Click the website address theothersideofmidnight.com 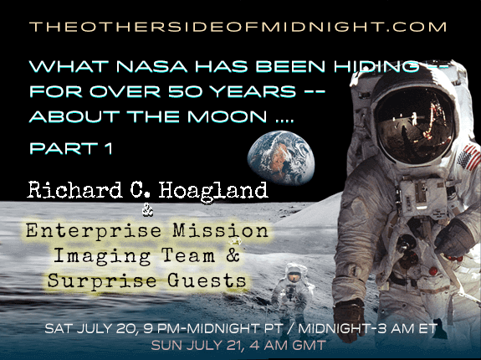238,27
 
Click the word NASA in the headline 152,66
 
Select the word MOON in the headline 227,116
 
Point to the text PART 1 71,148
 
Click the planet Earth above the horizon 281,157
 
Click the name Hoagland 213,192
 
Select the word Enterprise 94,232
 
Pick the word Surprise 102,281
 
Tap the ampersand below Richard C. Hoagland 148,212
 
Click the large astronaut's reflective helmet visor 415,124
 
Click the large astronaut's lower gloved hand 349,319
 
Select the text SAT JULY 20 90,329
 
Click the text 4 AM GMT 288,346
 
